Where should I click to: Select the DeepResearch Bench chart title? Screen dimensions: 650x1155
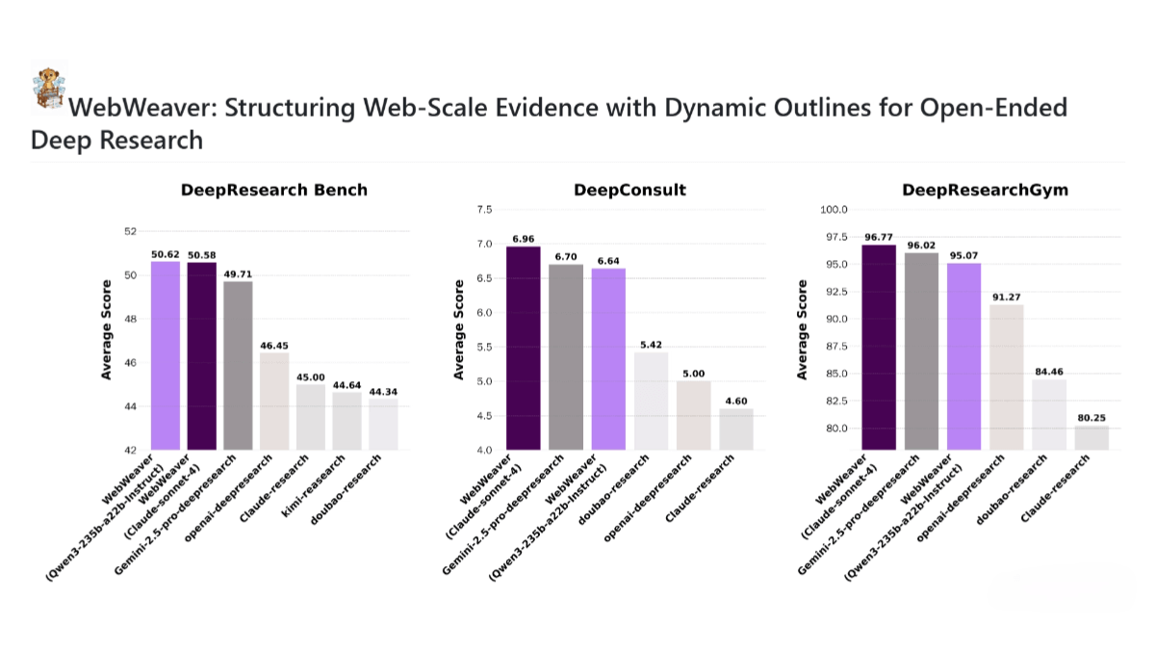click(x=274, y=190)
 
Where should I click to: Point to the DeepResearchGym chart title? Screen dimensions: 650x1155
click(x=972, y=190)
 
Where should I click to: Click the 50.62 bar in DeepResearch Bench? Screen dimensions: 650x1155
click(x=166, y=355)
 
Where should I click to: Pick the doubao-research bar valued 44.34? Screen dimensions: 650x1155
click(x=383, y=424)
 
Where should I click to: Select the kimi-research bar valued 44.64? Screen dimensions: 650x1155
click(x=346, y=421)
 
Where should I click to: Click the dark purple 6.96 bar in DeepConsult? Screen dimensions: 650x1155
click(x=523, y=348)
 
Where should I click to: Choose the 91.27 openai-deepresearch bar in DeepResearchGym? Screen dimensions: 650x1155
click(x=1006, y=377)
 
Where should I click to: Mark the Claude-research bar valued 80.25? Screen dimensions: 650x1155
click(x=1091, y=437)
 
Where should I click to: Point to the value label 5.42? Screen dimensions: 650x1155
click(x=651, y=345)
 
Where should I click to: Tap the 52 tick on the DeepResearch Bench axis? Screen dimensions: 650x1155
click(x=131, y=231)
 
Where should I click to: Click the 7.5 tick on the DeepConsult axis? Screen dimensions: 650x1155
click(x=483, y=210)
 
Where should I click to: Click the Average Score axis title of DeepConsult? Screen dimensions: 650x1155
click(x=460, y=329)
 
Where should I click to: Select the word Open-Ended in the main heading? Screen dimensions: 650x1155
click(x=1003, y=107)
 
